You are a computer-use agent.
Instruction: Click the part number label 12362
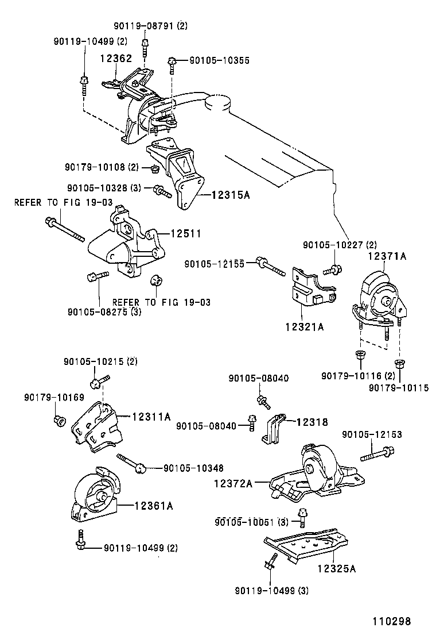click(116, 58)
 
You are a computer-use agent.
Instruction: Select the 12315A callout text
click(231, 195)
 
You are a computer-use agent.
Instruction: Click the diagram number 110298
click(392, 622)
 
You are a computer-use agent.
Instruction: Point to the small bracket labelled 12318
click(274, 428)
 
